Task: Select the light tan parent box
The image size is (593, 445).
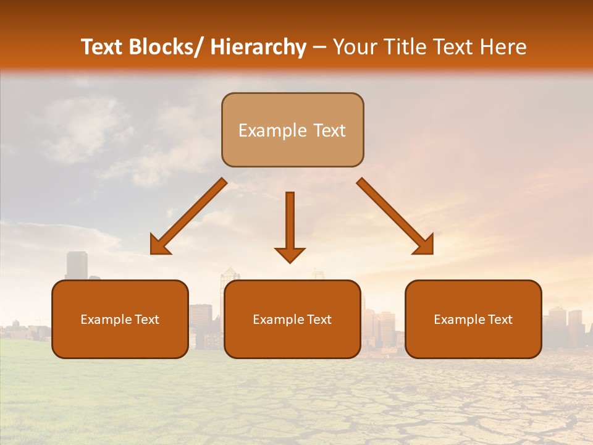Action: tap(292, 130)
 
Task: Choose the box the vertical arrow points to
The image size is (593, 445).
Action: tap(292, 319)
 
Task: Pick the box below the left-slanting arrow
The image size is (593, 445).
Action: tap(120, 319)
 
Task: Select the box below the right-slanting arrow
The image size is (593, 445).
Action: tap(473, 319)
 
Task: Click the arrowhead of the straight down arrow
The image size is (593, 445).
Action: tap(290, 254)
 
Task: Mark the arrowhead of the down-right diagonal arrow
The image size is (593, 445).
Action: tap(423, 244)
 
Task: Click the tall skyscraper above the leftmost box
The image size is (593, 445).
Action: tap(77, 265)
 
